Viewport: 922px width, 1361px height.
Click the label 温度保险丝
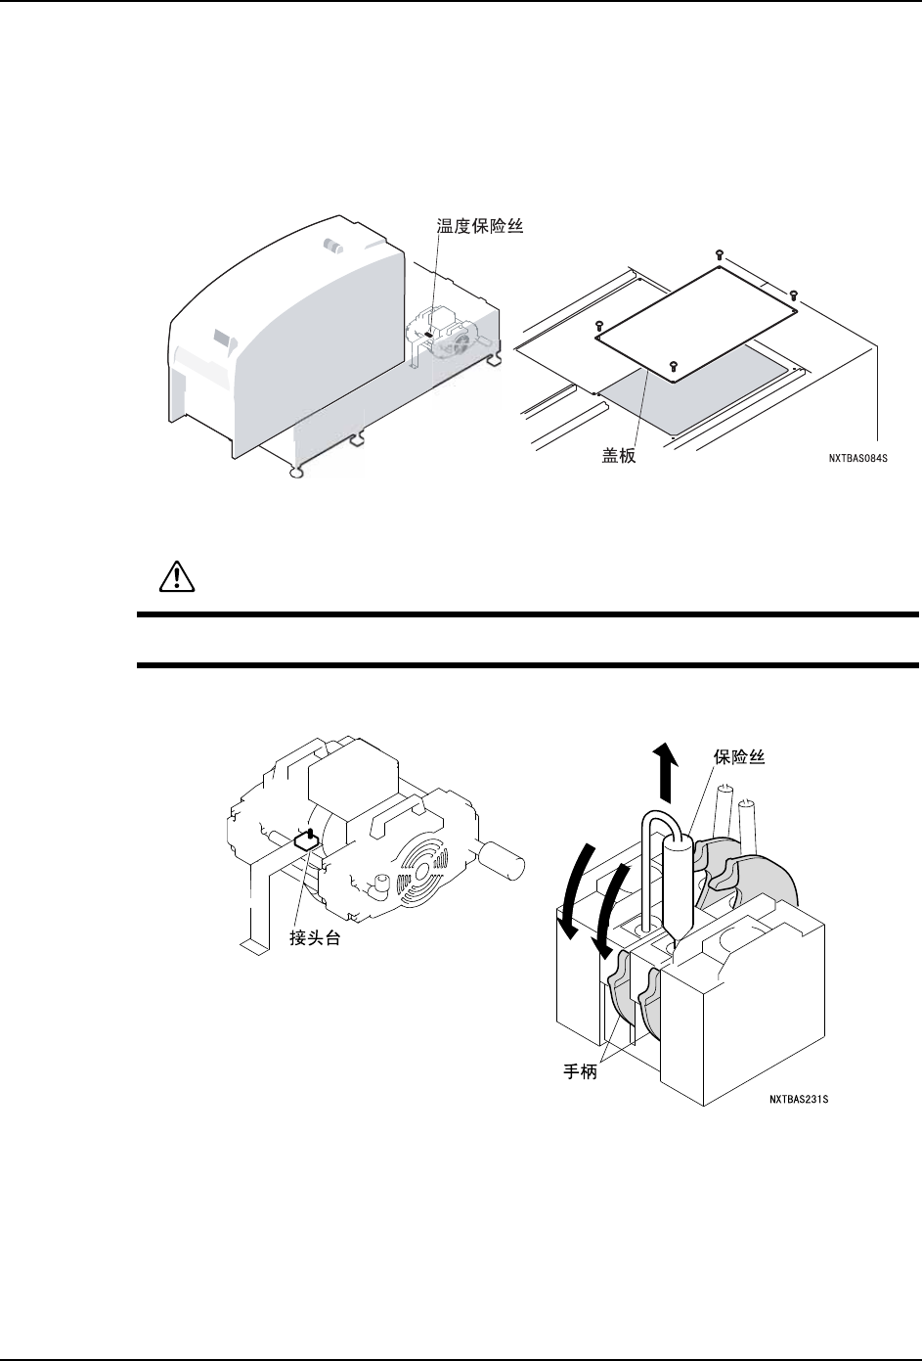(x=480, y=226)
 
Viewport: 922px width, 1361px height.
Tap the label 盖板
(x=618, y=455)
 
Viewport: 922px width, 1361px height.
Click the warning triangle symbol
(x=172, y=577)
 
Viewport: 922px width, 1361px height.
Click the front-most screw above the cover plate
(x=673, y=365)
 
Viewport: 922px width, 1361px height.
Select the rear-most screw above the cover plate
(x=720, y=253)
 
